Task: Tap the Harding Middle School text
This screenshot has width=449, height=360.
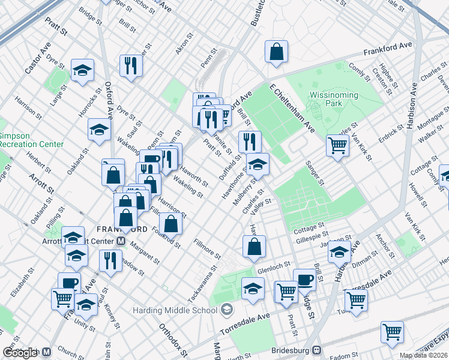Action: tap(175, 310)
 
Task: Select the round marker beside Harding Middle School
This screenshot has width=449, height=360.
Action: tap(226, 310)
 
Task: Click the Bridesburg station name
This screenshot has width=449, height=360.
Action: tap(282, 349)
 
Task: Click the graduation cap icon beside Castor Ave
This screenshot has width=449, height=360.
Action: tap(82, 70)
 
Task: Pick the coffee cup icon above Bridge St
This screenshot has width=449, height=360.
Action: tap(304, 279)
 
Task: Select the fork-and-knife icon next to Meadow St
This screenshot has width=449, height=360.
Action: tap(110, 260)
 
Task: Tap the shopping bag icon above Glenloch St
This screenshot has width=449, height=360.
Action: tap(255, 245)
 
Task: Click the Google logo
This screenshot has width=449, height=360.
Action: tap(20, 353)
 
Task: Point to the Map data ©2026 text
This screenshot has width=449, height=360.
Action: tap(424, 355)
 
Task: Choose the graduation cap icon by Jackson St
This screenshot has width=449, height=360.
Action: tap(339, 252)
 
